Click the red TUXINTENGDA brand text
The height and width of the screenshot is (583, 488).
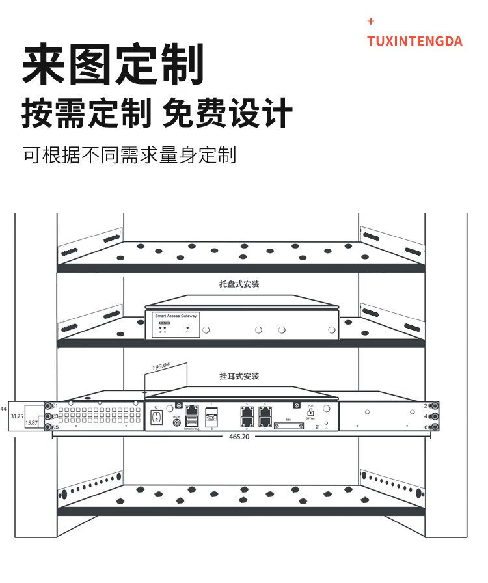(x=414, y=42)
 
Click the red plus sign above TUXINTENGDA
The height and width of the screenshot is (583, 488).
(x=371, y=21)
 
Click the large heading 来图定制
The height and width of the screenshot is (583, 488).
(x=113, y=65)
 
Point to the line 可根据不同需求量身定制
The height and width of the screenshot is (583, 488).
(x=129, y=155)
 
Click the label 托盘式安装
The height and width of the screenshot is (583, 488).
(x=239, y=284)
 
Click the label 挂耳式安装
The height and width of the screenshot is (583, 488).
(x=239, y=377)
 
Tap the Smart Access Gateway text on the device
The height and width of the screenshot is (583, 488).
(x=176, y=316)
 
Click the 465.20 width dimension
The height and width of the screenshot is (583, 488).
(x=239, y=437)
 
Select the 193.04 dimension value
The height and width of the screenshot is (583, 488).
(x=161, y=367)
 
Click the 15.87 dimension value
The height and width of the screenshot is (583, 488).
(x=31, y=424)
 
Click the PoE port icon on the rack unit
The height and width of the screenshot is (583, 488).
(x=310, y=413)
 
